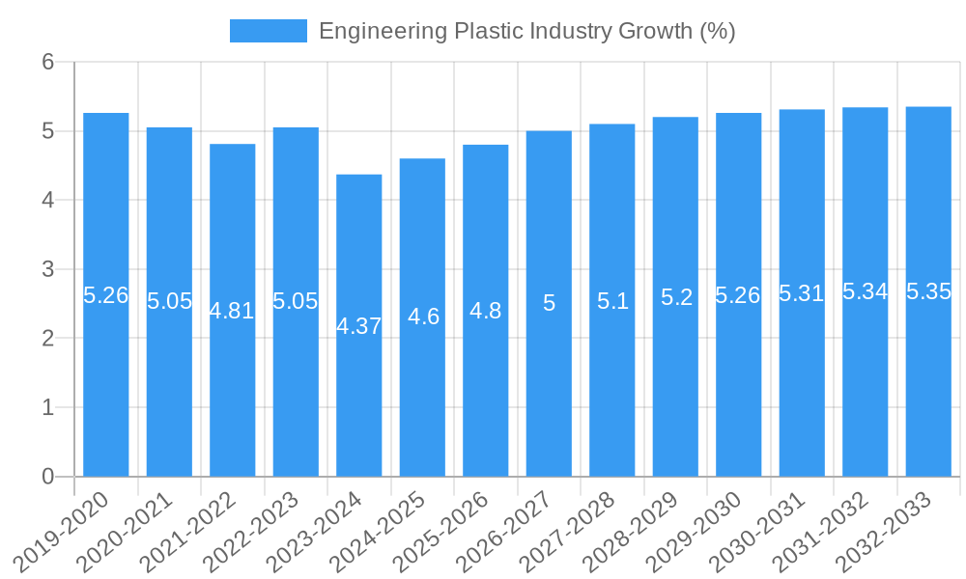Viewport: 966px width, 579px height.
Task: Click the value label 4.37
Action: coord(359,326)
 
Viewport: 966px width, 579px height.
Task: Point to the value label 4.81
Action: coord(233,311)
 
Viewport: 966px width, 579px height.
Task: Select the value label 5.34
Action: coord(865,291)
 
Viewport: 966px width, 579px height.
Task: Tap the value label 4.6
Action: coord(423,317)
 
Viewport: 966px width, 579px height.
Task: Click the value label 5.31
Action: coord(802,293)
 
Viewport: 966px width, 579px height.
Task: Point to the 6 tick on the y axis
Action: coord(47,62)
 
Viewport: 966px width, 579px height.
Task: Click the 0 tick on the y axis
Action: coord(47,477)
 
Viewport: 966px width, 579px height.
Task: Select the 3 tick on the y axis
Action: coord(47,269)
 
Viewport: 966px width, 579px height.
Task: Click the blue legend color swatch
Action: coord(268,31)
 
